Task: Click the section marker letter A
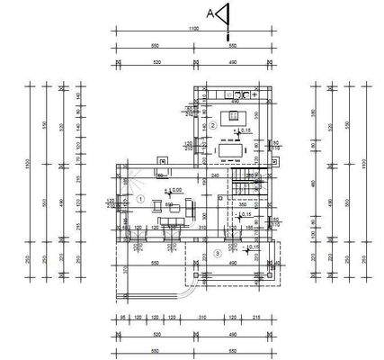click(210, 13)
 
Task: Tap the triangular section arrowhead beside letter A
click(225, 13)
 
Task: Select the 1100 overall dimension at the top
click(192, 30)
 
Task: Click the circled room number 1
click(140, 198)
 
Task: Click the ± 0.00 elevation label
click(174, 190)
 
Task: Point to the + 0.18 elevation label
click(245, 130)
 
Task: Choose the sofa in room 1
click(167, 209)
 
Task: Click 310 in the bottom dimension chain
click(204, 318)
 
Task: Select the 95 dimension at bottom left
click(121, 318)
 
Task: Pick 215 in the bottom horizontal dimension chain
click(258, 318)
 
